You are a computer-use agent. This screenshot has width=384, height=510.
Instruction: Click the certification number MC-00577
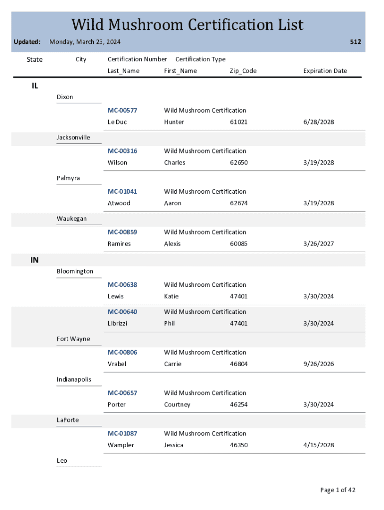122,110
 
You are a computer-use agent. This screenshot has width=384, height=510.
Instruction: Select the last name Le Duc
117,122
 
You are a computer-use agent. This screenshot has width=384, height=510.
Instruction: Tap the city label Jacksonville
73,137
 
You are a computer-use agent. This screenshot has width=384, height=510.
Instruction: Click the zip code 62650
238,163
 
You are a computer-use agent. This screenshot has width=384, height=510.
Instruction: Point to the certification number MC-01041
122,191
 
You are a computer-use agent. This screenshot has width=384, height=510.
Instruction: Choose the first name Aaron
173,203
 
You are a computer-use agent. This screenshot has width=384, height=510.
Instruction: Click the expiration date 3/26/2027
318,244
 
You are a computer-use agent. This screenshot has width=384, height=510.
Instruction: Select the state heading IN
34,260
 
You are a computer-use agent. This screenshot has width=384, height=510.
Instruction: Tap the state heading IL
34,86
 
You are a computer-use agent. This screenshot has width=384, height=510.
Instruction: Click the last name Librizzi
117,324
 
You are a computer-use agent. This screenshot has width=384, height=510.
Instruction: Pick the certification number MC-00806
122,352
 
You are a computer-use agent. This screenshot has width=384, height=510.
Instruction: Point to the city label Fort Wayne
73,339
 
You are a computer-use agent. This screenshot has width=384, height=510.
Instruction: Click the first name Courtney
177,404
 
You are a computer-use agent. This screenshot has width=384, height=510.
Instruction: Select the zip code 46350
238,445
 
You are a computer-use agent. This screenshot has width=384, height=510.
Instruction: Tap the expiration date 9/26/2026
318,364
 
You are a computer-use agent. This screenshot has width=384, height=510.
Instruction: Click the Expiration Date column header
325,71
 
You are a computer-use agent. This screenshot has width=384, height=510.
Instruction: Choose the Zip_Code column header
243,71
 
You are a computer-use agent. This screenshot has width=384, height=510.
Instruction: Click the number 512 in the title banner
355,42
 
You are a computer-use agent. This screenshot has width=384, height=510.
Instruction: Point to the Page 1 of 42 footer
338,490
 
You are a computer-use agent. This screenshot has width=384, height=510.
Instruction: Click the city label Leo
62,461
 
